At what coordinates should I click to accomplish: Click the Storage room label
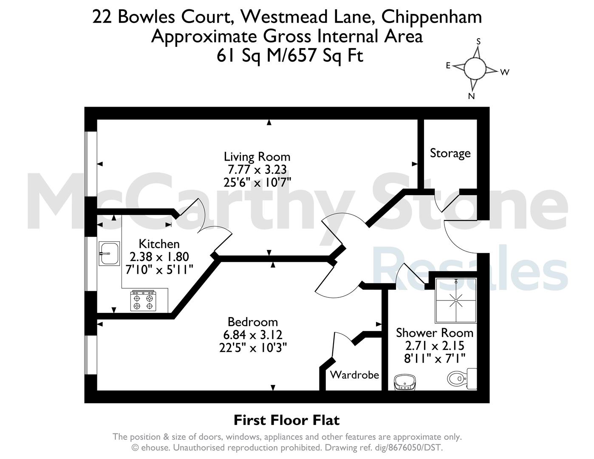[x=450, y=153]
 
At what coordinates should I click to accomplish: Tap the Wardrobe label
[x=354, y=375]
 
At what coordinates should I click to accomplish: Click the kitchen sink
[x=109, y=253]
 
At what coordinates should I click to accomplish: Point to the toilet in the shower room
[x=462, y=379]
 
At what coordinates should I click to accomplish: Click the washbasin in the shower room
[x=405, y=382]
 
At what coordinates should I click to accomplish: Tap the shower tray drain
[x=456, y=300]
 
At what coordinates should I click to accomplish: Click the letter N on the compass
[x=471, y=96]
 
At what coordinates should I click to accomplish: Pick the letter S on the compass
[x=478, y=41]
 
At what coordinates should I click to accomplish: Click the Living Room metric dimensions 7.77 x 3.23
[x=257, y=170]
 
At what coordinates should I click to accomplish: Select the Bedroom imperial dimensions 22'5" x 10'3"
[x=253, y=348]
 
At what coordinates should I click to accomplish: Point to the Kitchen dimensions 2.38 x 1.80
[x=159, y=257]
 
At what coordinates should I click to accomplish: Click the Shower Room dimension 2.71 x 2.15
[x=435, y=346]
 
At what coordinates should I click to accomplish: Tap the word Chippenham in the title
[x=431, y=17]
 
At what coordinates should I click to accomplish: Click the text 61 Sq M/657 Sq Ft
[x=290, y=56]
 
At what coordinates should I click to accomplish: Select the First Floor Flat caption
[x=286, y=420]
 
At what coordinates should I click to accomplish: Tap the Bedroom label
[x=252, y=322]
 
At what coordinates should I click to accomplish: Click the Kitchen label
[x=159, y=244]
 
